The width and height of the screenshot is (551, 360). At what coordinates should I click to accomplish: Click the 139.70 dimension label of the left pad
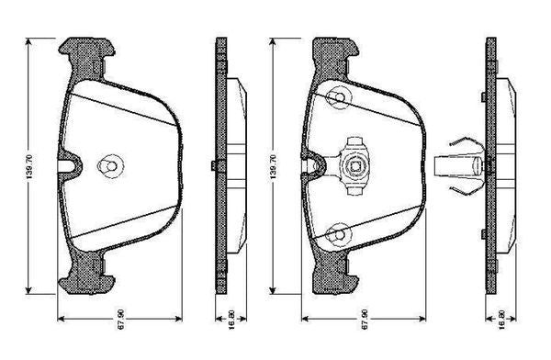point(30,166)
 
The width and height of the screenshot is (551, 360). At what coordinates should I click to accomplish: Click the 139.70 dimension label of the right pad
point(274,166)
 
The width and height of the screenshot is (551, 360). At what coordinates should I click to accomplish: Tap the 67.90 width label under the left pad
point(120,319)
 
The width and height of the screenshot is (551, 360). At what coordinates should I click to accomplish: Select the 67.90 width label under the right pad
point(365,319)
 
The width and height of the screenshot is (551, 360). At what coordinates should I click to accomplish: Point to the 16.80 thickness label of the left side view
point(231,319)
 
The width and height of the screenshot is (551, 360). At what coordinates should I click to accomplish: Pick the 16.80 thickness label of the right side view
point(501,319)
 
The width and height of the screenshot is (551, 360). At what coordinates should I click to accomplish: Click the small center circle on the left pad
point(111,166)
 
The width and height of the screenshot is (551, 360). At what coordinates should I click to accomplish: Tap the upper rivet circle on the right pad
point(340,97)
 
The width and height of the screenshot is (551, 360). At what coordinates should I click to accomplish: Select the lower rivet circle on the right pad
point(340,234)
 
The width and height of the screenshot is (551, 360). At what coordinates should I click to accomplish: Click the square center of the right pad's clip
point(354,166)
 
